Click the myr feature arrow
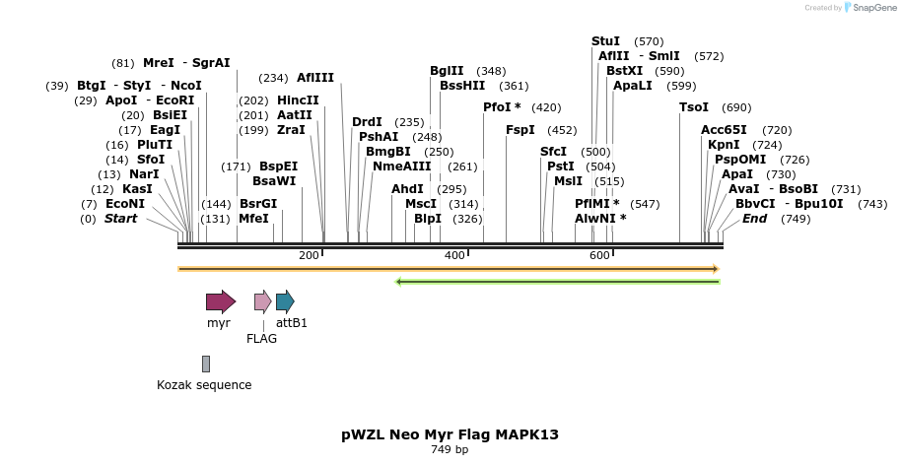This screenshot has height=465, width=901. [x=220, y=301]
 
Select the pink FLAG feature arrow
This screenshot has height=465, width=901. [x=262, y=301]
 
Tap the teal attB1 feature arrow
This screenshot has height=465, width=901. [x=285, y=301]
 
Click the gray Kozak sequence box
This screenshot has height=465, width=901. [x=206, y=364]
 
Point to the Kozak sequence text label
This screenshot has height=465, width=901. [x=204, y=385]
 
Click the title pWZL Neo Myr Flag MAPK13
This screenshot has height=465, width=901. [x=450, y=433]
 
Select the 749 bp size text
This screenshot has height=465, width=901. [x=450, y=450]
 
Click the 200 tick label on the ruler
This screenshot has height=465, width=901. [x=309, y=256]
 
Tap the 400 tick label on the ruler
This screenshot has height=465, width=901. [x=454, y=256]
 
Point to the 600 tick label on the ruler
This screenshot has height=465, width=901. [x=599, y=256]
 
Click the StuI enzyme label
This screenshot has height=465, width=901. [x=605, y=41]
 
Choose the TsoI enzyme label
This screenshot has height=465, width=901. [x=694, y=107]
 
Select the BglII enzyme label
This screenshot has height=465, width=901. [x=447, y=71]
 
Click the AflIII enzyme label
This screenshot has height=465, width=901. [x=315, y=78]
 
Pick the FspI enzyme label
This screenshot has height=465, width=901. [x=520, y=130]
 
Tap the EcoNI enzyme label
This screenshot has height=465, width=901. [x=125, y=204]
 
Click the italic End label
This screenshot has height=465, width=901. [x=755, y=219]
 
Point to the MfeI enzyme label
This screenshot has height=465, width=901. [x=253, y=219]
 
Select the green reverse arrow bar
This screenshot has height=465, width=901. [x=558, y=282]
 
